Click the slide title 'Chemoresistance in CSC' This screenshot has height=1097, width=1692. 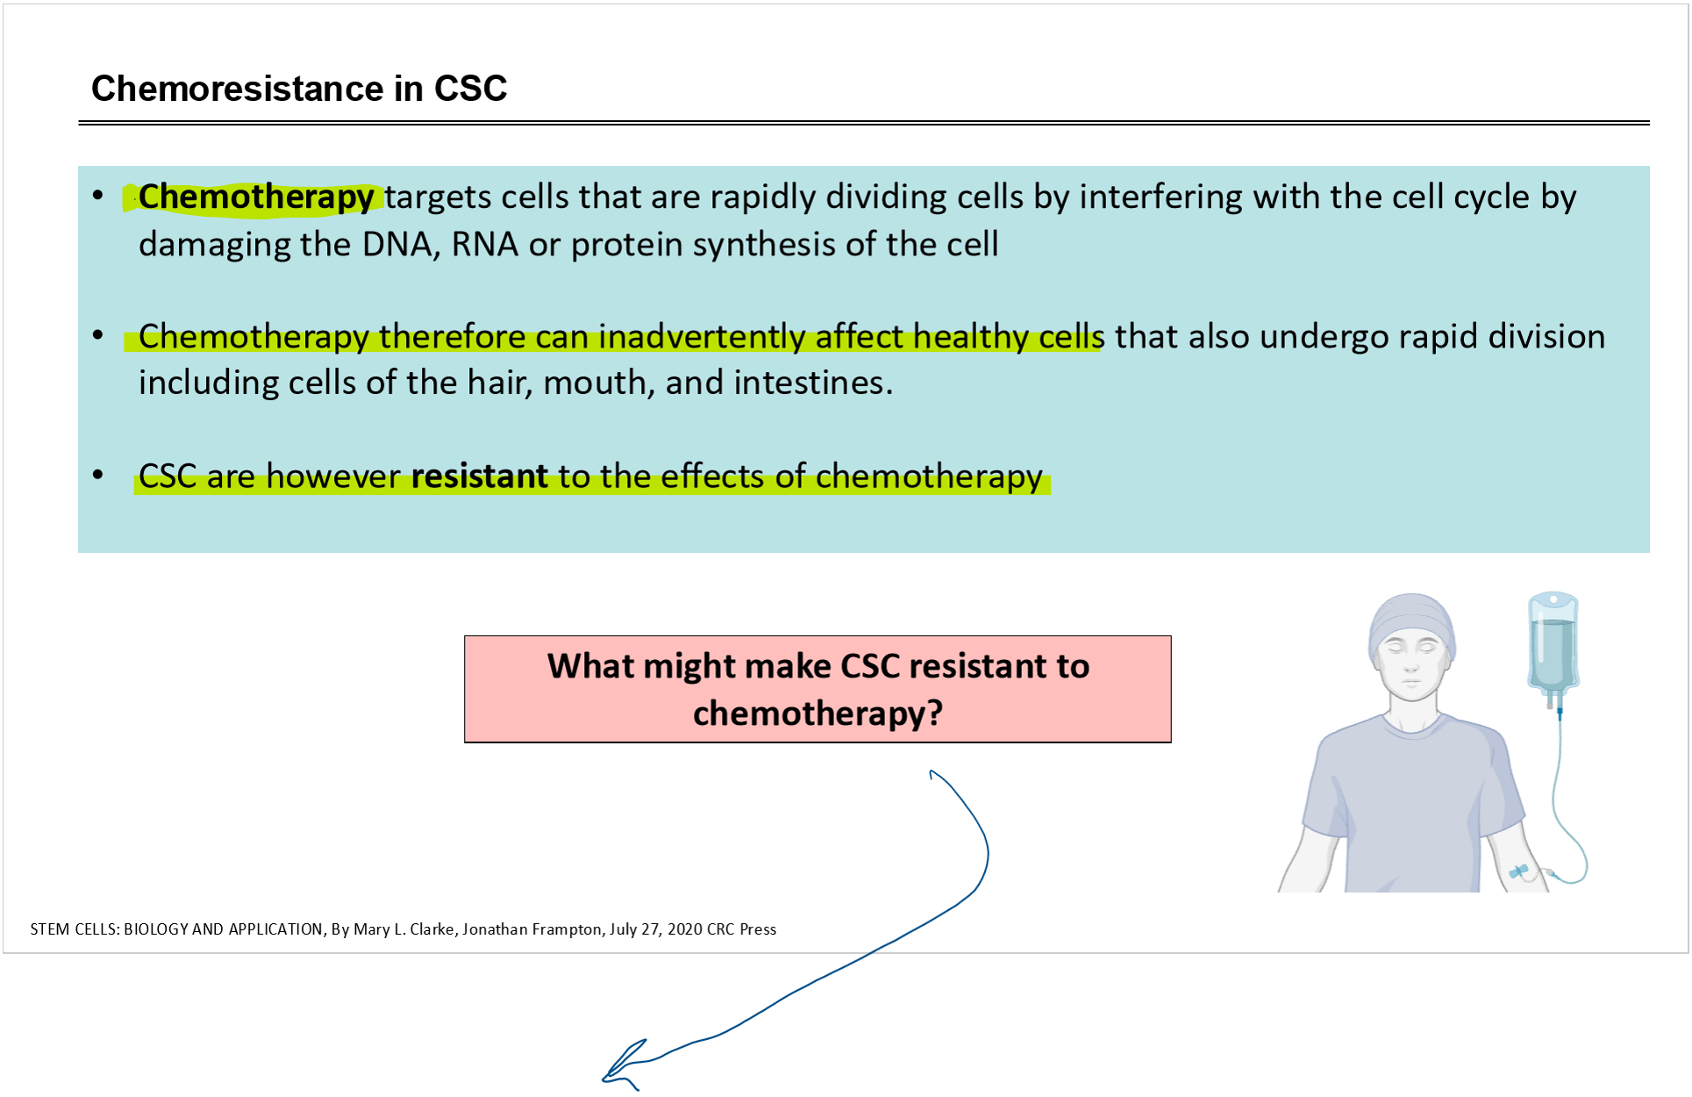click(x=299, y=89)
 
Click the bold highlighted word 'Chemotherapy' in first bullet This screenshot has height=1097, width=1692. click(x=256, y=197)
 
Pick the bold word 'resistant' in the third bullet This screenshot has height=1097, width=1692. click(x=480, y=476)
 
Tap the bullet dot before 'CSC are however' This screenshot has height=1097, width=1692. click(x=98, y=475)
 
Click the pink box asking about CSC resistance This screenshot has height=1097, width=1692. click(x=817, y=689)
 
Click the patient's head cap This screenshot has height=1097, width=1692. click(x=1411, y=621)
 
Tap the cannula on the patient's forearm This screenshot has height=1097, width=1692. click(x=1519, y=871)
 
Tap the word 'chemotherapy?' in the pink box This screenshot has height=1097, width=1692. click(x=817, y=713)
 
